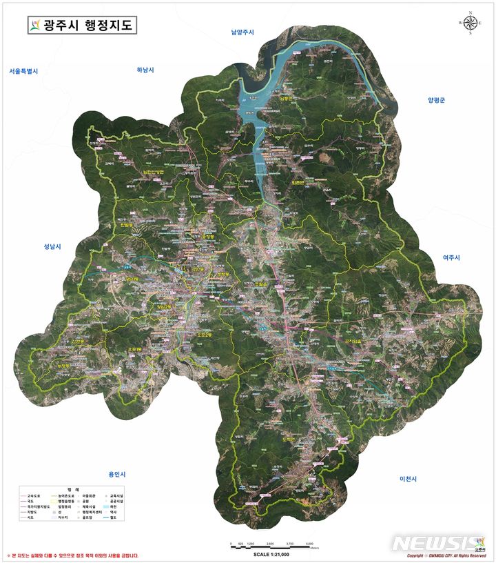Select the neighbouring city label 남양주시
(x=242, y=32)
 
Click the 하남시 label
(x=145, y=70)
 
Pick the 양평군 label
(x=436, y=100)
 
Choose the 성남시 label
(x=52, y=246)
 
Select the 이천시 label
(x=409, y=479)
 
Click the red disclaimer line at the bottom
(x=73, y=555)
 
